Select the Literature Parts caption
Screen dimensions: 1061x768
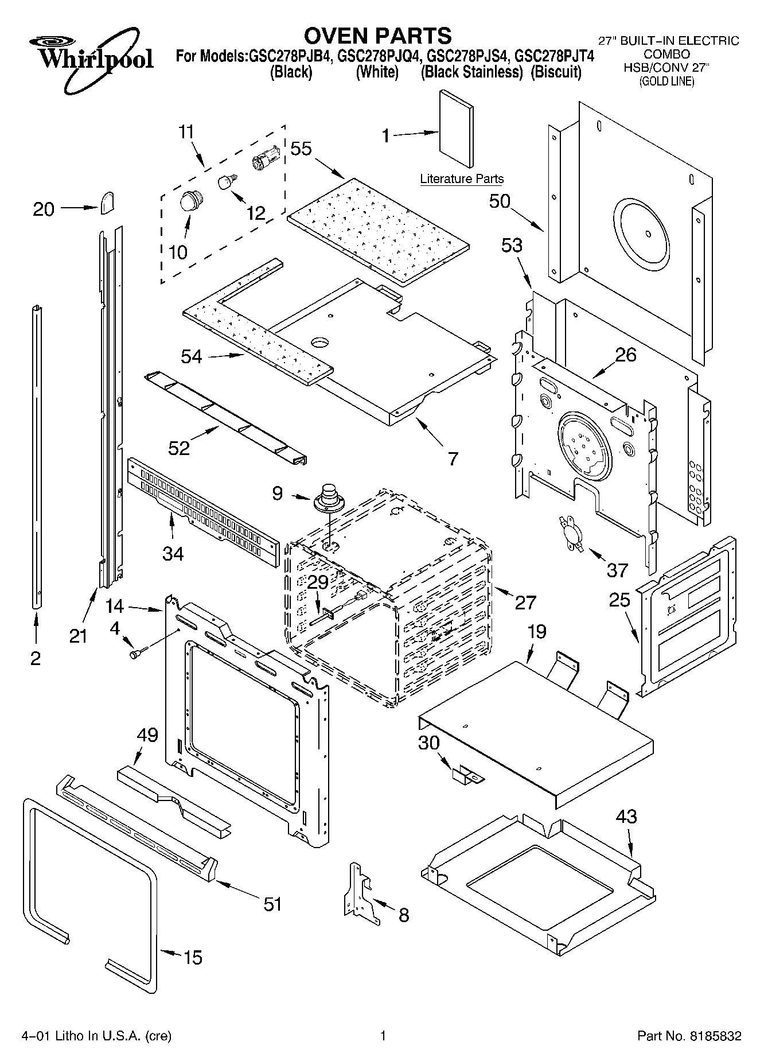[x=462, y=178]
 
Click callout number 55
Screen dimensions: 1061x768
[x=301, y=149]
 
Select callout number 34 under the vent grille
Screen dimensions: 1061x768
[x=173, y=554]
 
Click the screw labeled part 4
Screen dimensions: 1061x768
[x=138, y=652]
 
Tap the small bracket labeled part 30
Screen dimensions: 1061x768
[x=467, y=775]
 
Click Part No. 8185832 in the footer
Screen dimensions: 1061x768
[x=689, y=1036]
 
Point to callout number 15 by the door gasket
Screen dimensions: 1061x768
[x=193, y=957]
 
